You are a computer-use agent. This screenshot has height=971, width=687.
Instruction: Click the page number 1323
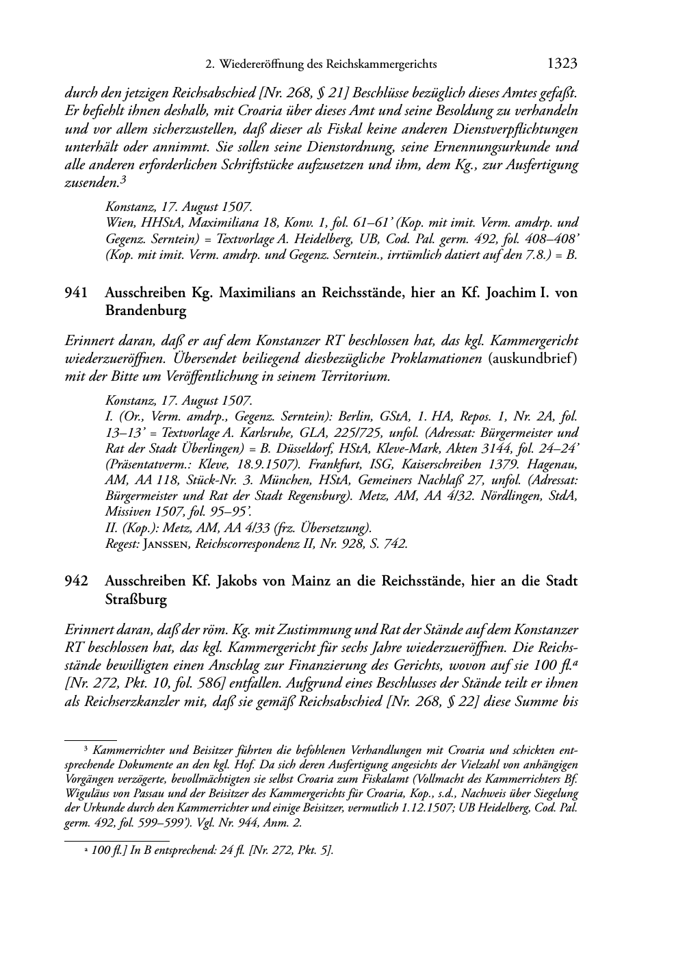point(562,64)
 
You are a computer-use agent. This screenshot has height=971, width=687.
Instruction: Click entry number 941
point(76,293)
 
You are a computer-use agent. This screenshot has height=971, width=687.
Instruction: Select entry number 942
point(76,581)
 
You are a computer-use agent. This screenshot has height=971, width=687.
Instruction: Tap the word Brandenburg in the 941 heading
point(145,310)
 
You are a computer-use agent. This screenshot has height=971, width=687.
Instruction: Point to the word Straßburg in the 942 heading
point(135,598)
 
